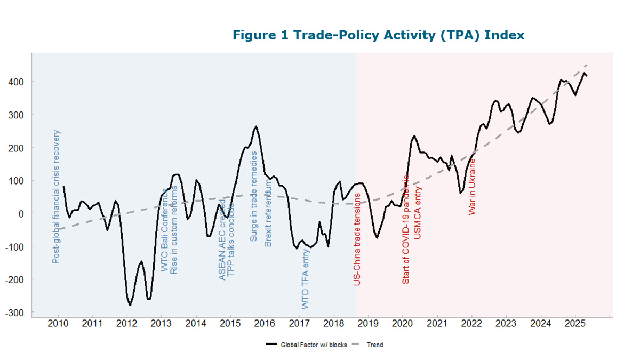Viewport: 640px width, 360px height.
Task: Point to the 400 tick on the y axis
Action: (21, 82)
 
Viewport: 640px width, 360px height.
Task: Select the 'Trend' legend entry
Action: (374, 345)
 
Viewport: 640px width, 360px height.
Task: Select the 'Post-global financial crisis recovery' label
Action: (56, 197)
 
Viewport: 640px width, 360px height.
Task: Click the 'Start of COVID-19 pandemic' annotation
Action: (406, 229)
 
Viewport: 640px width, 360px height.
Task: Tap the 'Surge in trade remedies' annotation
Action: (254, 196)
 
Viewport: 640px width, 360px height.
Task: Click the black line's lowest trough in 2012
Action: (130, 305)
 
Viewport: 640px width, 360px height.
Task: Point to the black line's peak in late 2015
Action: (256, 126)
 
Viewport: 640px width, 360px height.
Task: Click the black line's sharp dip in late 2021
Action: (461, 193)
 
